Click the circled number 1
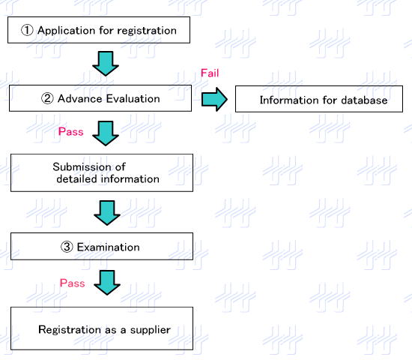pyautogui.click(x=27, y=30)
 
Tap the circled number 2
pyautogui.click(x=47, y=99)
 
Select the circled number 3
pyautogui.click(x=67, y=247)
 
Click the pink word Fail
pyautogui.click(x=210, y=73)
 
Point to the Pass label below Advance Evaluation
pyautogui.click(x=71, y=131)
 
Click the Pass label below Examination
pyautogui.click(x=72, y=283)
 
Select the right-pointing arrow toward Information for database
pyautogui.click(x=214, y=100)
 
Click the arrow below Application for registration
pyautogui.click(x=106, y=64)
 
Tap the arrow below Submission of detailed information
pyautogui.click(x=107, y=213)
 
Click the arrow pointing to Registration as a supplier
pyautogui.click(x=107, y=283)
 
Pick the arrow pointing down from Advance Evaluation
pyautogui.click(x=106, y=133)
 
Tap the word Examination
pyautogui.click(x=109, y=247)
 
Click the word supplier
pyautogui.click(x=151, y=331)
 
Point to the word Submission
pyautogui.click(x=82, y=166)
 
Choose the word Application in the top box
pyautogui.click(x=67, y=31)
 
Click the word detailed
pyautogui.click(x=77, y=179)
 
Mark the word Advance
pyautogui.click(x=80, y=99)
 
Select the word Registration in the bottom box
pyautogui.click(x=70, y=330)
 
